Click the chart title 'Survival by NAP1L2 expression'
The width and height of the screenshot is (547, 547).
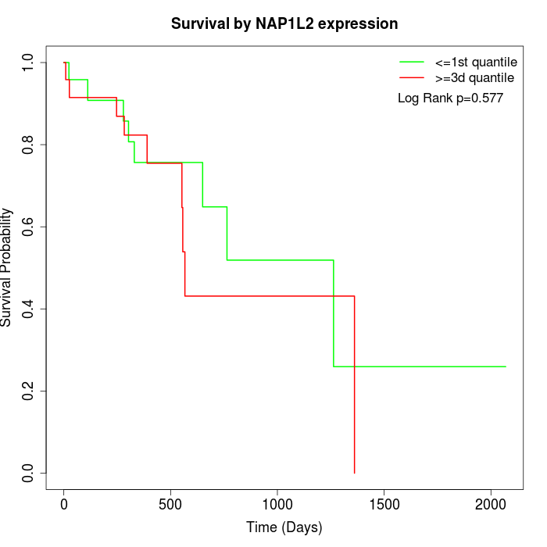[284, 24]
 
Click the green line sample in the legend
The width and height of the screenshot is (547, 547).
[411, 62]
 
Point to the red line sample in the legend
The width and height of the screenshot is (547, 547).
[411, 78]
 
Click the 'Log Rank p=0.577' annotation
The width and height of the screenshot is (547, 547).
[450, 98]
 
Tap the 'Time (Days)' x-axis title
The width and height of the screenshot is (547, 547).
[284, 527]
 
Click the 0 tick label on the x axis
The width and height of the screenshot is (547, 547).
[64, 504]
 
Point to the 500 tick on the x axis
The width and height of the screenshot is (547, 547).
[170, 504]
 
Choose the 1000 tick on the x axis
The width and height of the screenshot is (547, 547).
[277, 504]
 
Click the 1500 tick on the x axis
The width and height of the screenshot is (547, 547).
[384, 504]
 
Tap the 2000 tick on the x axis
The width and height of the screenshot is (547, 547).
[491, 504]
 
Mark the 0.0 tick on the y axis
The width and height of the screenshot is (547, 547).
[29, 473]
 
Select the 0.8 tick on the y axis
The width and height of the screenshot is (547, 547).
[29, 145]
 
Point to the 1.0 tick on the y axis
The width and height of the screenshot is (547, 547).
[29, 63]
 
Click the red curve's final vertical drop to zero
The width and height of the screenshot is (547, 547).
[355, 391]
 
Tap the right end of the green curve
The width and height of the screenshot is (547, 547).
[506, 366]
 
